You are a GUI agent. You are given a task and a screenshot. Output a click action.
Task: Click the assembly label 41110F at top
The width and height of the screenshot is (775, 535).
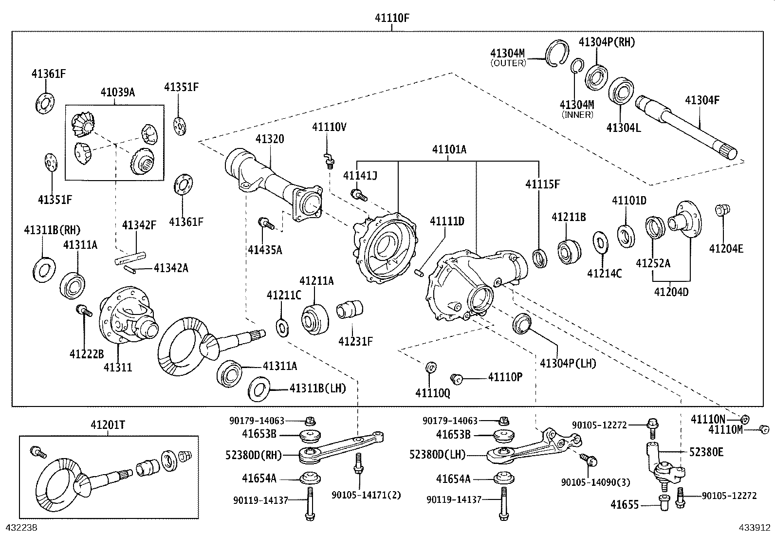(x=391, y=18)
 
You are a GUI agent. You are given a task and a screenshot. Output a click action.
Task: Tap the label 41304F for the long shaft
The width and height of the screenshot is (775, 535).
(x=701, y=100)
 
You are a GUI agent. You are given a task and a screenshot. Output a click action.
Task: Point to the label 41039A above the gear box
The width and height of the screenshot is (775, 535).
(x=117, y=92)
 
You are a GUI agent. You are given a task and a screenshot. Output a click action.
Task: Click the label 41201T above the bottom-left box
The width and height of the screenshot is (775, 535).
(x=108, y=425)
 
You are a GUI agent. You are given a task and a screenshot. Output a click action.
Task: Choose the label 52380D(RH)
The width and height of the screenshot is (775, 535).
(x=254, y=455)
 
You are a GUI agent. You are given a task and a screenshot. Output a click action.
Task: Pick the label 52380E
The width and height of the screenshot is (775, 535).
(x=706, y=452)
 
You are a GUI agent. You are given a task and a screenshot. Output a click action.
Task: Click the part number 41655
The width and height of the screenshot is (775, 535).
(x=624, y=505)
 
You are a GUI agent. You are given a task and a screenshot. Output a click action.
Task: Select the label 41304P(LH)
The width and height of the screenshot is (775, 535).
(x=568, y=363)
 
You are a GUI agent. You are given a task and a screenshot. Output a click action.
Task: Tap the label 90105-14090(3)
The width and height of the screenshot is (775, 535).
(x=595, y=482)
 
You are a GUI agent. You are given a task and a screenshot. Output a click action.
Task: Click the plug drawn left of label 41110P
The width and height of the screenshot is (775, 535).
(x=456, y=378)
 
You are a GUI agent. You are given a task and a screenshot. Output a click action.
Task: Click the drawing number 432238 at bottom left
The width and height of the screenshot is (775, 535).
(x=21, y=527)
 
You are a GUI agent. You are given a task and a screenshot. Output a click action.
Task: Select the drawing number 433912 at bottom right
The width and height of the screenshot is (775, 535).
(x=753, y=527)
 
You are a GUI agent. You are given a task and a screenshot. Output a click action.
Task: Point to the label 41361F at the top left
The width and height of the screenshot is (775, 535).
(x=49, y=74)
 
